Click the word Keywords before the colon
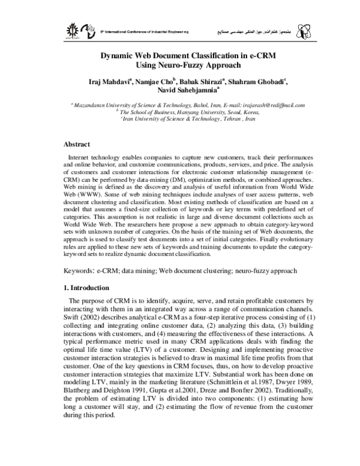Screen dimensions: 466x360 79,271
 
